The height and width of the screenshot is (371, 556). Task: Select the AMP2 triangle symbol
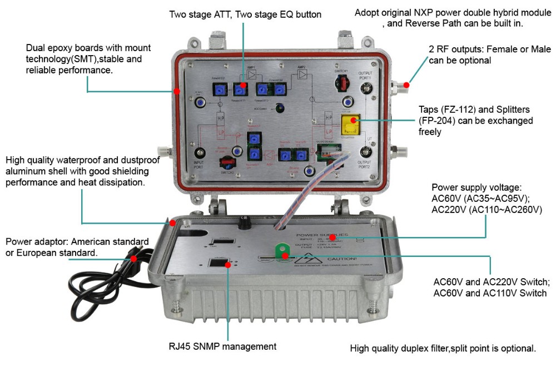[x=302, y=74]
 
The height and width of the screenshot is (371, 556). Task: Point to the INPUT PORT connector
[x=200, y=153]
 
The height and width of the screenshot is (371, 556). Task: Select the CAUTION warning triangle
[x=304, y=258]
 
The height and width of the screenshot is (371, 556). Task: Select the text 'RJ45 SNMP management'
[x=222, y=346]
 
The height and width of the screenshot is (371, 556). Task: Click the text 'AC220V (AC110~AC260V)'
[x=487, y=210]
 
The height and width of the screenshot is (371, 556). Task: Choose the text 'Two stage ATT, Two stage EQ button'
[x=245, y=14]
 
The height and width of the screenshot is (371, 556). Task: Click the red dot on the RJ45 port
[x=229, y=265]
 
